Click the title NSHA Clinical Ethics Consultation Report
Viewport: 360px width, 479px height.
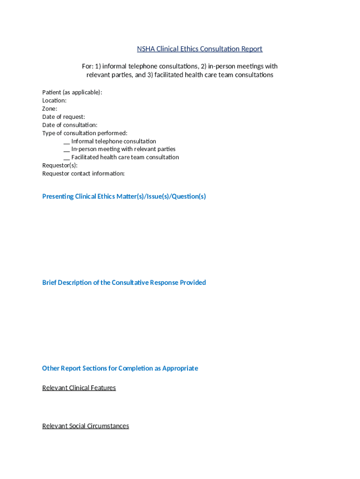(x=200, y=49)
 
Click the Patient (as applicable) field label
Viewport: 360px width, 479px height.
(x=72, y=92)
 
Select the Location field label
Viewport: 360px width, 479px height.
(x=54, y=101)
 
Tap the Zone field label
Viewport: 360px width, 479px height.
(x=50, y=109)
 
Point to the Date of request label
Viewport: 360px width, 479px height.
(x=64, y=117)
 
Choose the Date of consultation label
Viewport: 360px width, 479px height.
(x=70, y=125)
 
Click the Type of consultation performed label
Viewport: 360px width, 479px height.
(x=85, y=133)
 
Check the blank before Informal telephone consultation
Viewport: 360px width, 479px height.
(x=67, y=141)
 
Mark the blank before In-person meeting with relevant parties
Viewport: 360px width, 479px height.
(x=67, y=149)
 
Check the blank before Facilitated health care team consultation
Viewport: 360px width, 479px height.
(x=67, y=157)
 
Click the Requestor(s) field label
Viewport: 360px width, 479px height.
(x=60, y=165)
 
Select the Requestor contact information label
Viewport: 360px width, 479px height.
(x=83, y=174)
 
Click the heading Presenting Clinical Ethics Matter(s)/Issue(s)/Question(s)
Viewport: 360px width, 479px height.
(x=124, y=196)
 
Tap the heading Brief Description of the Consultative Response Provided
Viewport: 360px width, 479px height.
(x=124, y=283)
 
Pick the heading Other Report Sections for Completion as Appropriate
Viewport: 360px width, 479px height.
(x=120, y=368)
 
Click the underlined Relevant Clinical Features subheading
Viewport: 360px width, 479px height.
(x=79, y=388)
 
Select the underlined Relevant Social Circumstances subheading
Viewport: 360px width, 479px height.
(x=86, y=426)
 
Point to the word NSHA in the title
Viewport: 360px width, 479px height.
(x=145, y=49)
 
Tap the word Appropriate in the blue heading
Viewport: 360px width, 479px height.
(x=180, y=368)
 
